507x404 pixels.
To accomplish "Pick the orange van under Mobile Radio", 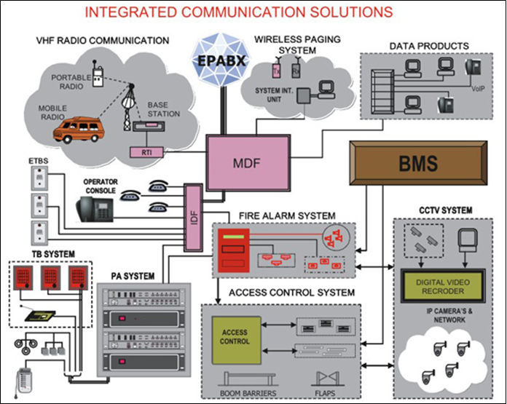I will click(79, 130).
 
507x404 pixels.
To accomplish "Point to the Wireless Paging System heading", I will click(291, 44).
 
